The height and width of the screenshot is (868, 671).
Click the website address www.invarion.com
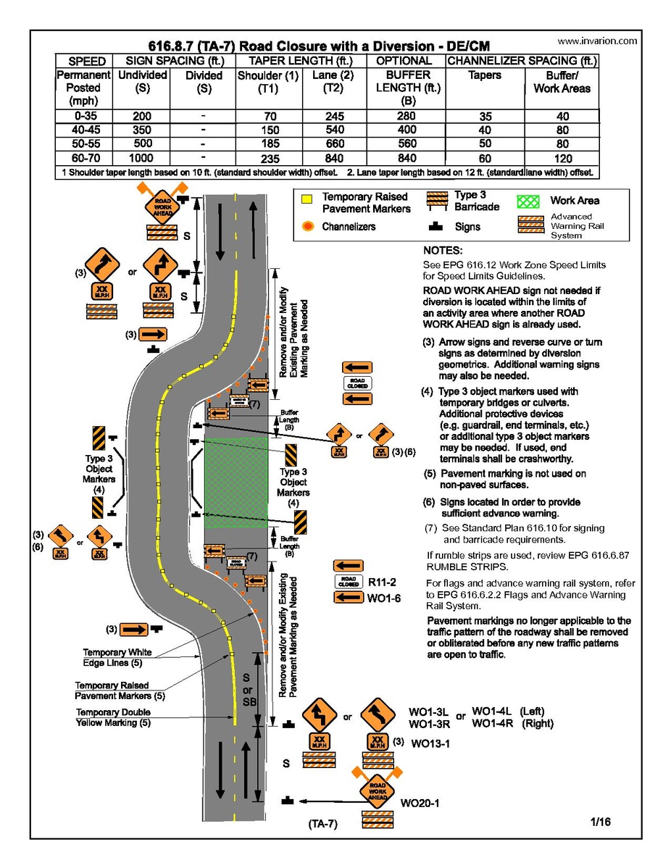pyautogui.click(x=598, y=41)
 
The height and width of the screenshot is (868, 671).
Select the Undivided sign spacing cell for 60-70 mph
pyautogui.click(x=142, y=158)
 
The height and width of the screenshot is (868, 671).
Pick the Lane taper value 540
pyautogui.click(x=334, y=130)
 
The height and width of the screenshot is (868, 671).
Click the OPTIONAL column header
pyautogui.click(x=404, y=62)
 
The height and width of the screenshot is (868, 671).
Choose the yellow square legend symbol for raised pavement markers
pyautogui.click(x=307, y=199)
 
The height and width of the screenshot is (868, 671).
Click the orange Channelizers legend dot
pyautogui.click(x=307, y=227)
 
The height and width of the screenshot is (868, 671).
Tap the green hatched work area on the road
pyautogui.click(x=236, y=482)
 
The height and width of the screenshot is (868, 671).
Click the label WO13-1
pyautogui.click(x=430, y=743)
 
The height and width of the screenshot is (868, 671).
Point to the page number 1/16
pyautogui.click(x=601, y=822)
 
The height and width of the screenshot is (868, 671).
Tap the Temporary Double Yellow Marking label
pyautogui.click(x=114, y=717)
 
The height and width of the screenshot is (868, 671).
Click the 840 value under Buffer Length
pyautogui.click(x=407, y=158)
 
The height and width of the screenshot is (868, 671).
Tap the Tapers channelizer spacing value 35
pyautogui.click(x=485, y=116)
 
